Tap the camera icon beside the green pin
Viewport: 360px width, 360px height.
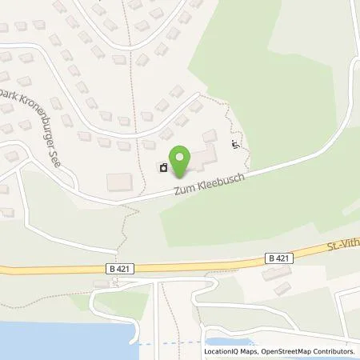(163, 168)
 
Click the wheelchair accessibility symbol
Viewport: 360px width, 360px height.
(234, 145)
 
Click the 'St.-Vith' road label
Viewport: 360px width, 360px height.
(342, 247)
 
